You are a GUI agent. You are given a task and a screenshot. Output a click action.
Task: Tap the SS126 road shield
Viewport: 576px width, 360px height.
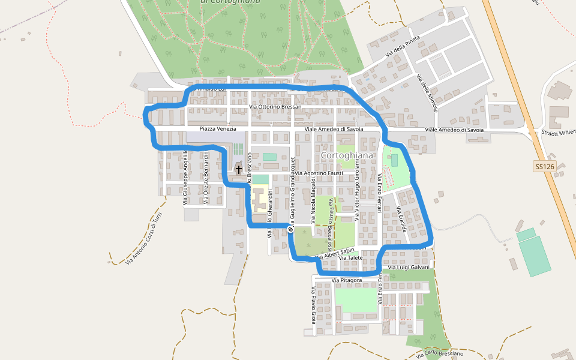coord(544,166)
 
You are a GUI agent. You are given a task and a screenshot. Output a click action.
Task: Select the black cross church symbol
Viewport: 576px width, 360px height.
coord(239,170)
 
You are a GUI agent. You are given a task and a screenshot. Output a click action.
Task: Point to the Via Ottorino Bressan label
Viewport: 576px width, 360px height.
coord(275,107)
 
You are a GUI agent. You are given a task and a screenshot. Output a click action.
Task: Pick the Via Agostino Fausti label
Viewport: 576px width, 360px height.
coord(319,173)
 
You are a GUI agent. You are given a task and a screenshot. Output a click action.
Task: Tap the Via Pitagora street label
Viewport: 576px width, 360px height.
coord(347,280)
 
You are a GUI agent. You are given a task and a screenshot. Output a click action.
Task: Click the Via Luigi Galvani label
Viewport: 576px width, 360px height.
coord(408,267)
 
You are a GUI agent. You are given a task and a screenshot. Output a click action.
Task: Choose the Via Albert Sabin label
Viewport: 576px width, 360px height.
coord(335,253)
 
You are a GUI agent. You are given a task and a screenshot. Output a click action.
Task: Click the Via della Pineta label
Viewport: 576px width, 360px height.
coord(403,46)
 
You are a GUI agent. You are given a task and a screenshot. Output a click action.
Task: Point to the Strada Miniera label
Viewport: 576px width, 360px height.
coord(558,133)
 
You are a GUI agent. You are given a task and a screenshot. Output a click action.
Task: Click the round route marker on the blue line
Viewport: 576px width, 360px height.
coord(290,229)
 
